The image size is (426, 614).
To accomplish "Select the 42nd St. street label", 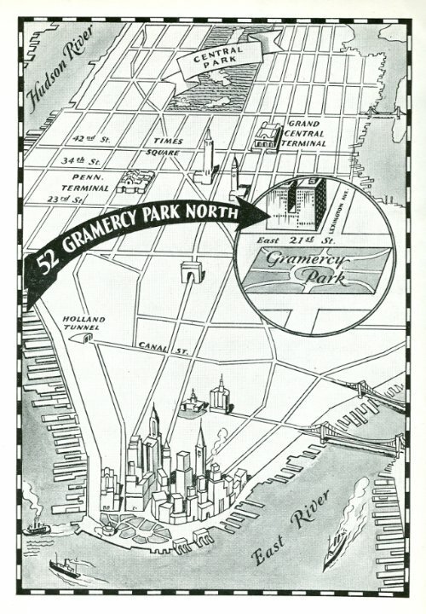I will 89,138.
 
